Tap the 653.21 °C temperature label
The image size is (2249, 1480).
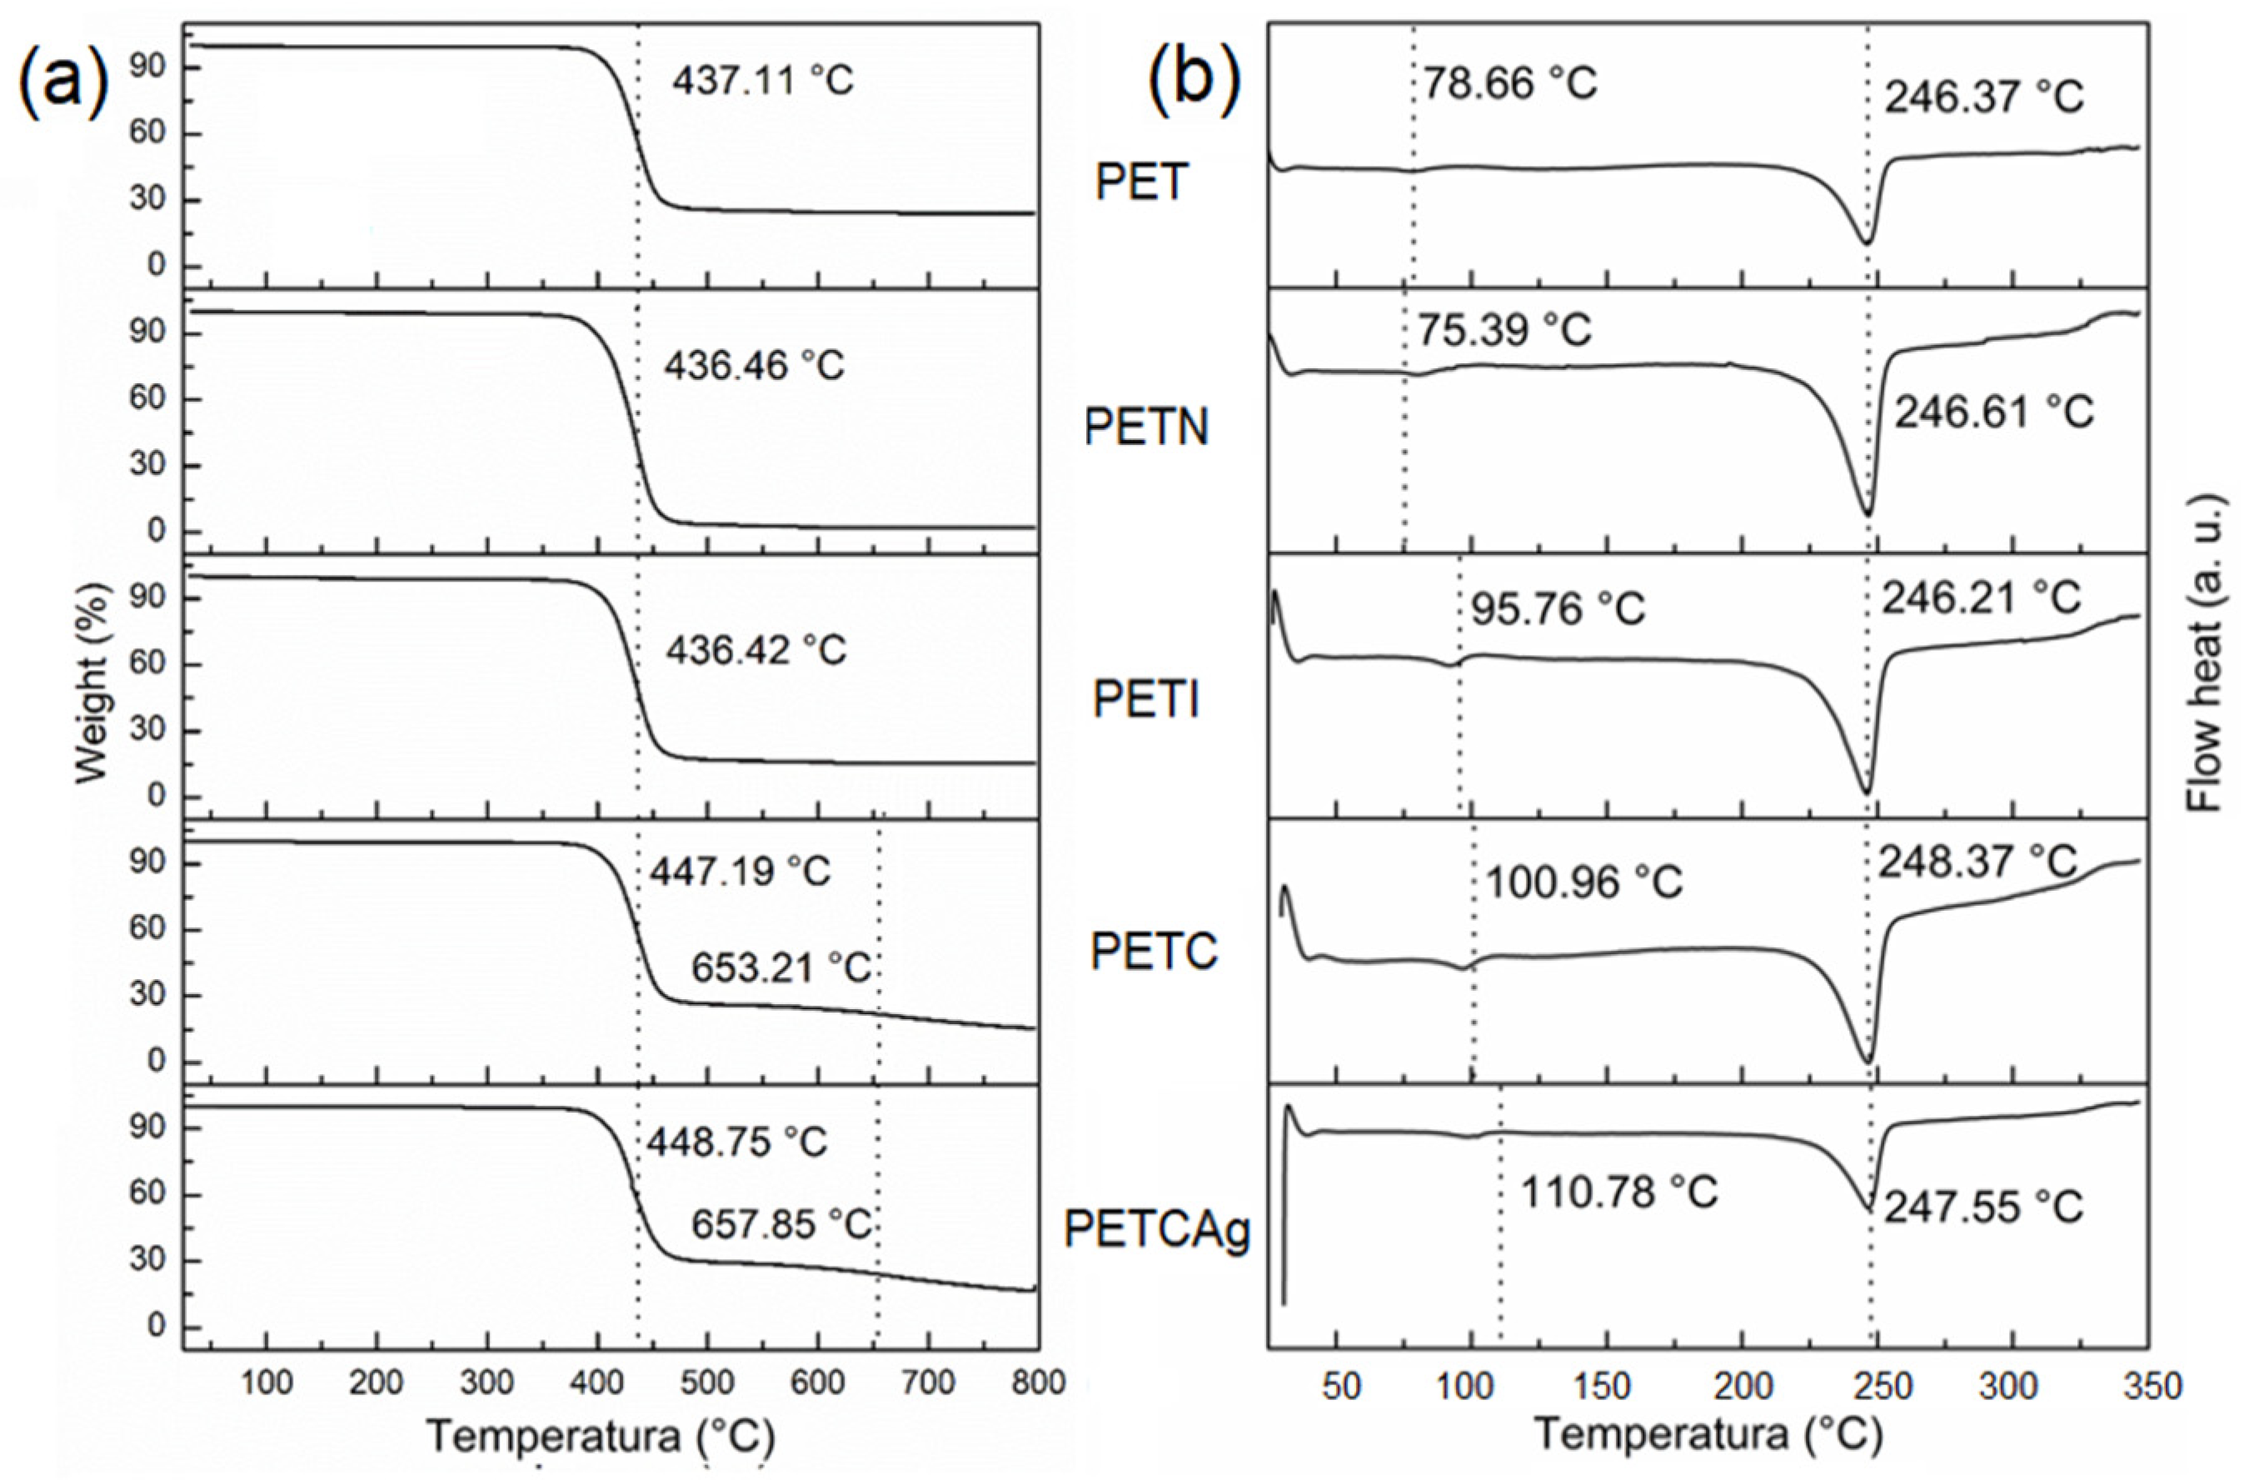[x=780, y=967]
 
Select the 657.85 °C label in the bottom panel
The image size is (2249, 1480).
[x=780, y=1225]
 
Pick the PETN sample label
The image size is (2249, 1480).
[x=1145, y=428]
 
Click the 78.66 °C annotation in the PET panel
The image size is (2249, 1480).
[x=1510, y=83]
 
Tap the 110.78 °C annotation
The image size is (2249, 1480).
[x=1618, y=1192]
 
